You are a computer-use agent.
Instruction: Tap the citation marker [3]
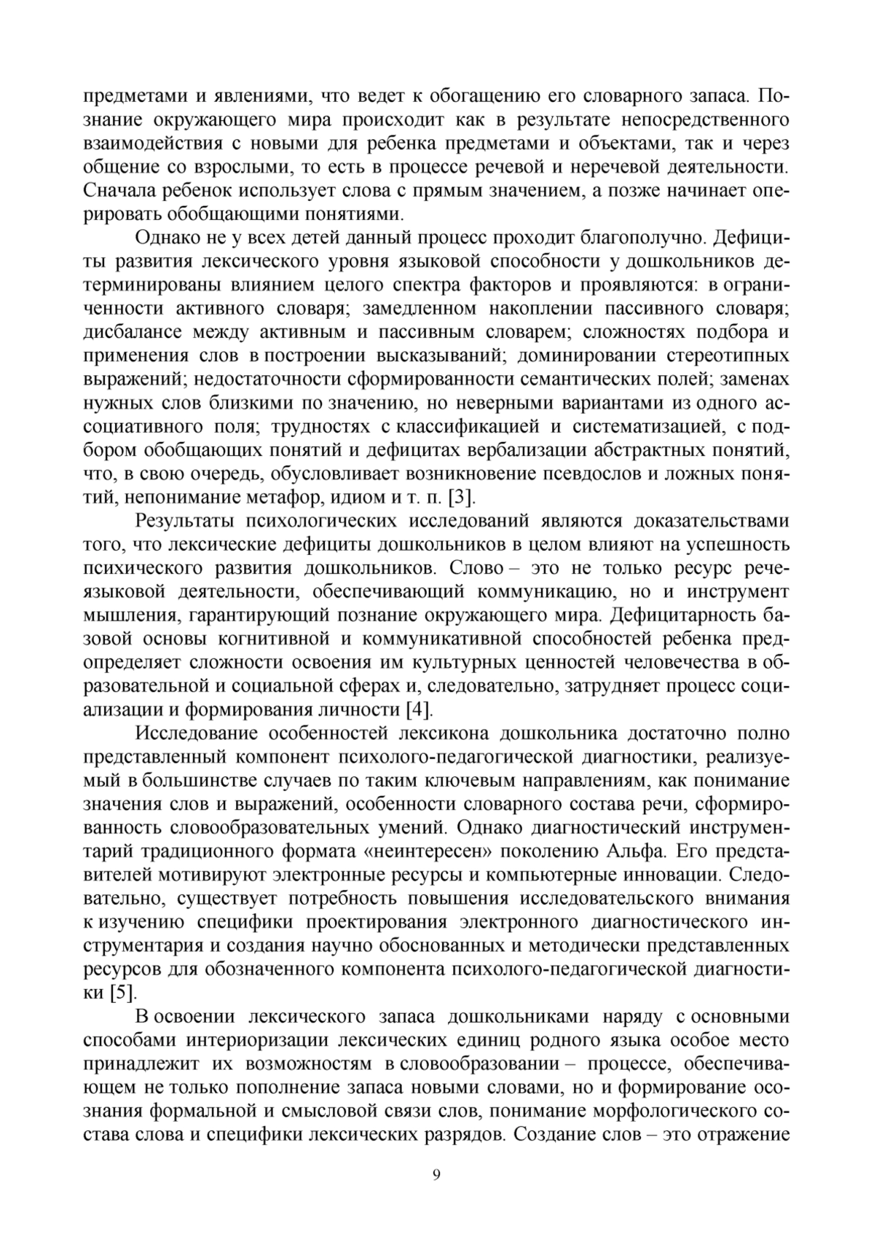462,497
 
